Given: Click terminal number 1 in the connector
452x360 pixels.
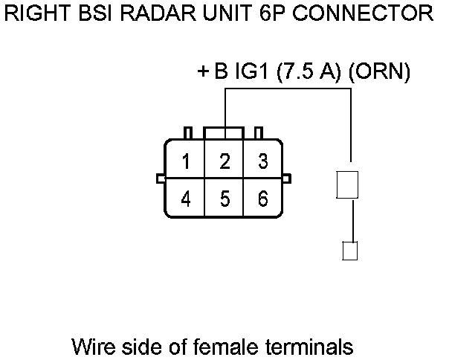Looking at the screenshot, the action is tap(186, 161).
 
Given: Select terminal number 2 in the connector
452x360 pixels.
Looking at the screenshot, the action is tap(225, 161).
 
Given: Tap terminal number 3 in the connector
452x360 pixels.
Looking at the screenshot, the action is tap(263, 161).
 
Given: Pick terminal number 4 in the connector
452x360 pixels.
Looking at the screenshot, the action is tap(186, 199).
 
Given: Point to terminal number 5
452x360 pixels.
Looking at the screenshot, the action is tap(225, 199).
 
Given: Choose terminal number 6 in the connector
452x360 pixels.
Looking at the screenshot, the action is tap(263, 199).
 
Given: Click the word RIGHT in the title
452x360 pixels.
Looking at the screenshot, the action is tap(37, 13).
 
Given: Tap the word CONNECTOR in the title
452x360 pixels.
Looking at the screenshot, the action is tap(363, 13).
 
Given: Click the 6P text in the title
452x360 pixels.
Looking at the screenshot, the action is tap(272, 13).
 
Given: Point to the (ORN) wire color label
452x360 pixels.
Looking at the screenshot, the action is tap(379, 71).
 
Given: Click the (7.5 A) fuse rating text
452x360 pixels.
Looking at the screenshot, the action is tap(309, 71).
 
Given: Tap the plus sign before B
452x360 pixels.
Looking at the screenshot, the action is tap(203, 71).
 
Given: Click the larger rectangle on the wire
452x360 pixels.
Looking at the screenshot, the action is tap(347, 184).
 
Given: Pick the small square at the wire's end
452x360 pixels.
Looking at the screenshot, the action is tap(350, 251).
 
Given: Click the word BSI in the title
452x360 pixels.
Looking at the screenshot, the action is tap(95, 13).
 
